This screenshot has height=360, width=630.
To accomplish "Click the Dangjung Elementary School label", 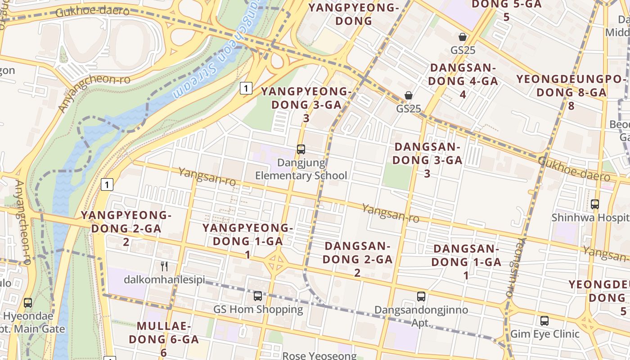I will click(x=301, y=169).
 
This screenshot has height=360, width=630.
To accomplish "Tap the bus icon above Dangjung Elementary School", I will click(x=301, y=149).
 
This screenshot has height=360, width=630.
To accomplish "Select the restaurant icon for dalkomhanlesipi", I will click(x=164, y=266).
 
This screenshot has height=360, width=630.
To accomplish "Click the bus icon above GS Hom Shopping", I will click(x=258, y=296).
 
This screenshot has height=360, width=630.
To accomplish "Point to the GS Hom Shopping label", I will click(x=258, y=310).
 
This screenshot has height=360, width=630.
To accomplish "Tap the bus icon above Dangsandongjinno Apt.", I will click(x=421, y=296).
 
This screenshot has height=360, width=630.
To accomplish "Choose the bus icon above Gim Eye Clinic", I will click(x=544, y=320).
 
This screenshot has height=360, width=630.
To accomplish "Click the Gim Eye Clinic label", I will click(x=544, y=334).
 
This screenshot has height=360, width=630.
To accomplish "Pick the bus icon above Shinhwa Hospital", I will click(x=595, y=204).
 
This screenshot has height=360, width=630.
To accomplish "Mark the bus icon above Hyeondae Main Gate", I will click(x=28, y=302).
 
